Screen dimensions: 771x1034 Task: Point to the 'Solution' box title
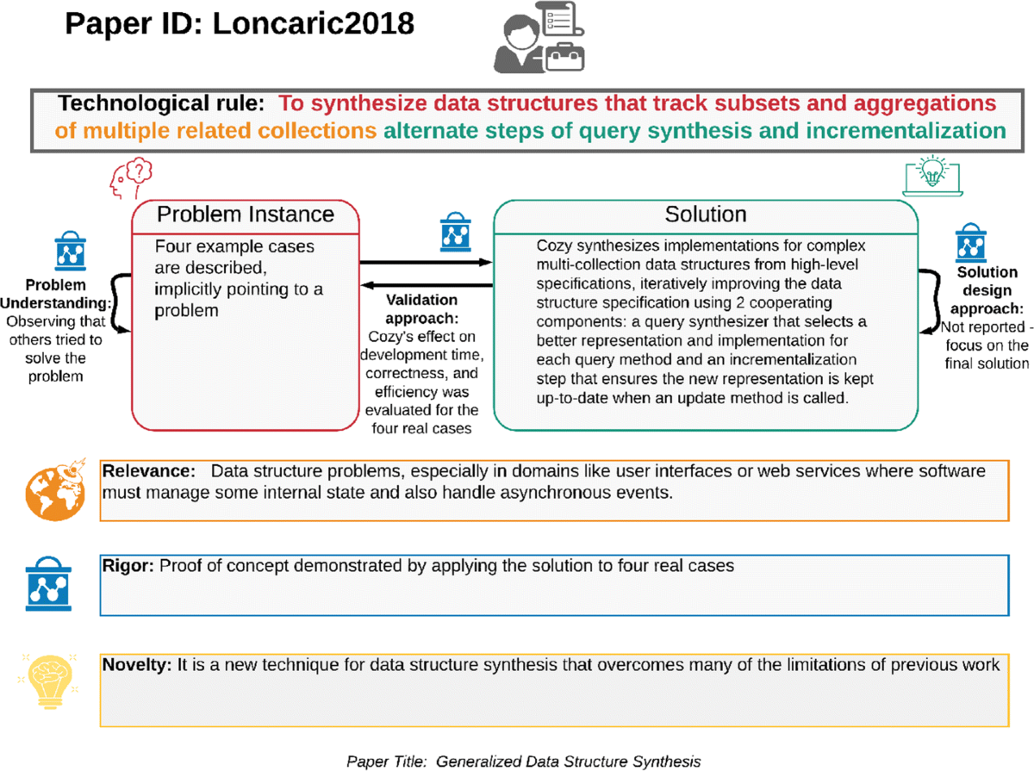[706, 214]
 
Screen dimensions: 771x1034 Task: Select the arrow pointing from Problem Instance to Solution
[425, 261]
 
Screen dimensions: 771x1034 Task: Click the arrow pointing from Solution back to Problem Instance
[425, 285]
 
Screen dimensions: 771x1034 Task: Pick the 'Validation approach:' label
[422, 308]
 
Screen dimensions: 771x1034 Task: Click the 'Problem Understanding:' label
[59, 292]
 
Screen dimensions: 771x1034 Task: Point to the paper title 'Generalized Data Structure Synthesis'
[568, 762]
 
